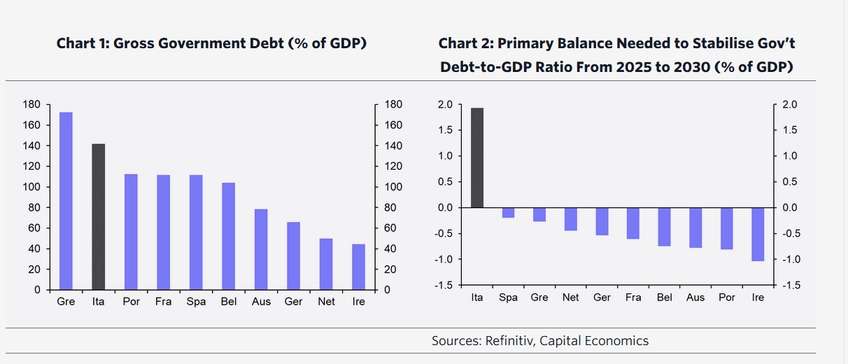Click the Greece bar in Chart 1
[66, 201]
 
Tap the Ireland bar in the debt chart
[358, 266]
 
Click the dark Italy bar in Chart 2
[476, 158]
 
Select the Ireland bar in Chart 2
[757, 234]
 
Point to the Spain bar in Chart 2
[508, 212]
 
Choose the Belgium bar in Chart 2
[664, 226]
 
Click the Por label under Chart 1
[132, 301]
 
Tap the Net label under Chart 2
[570, 298]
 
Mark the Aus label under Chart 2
[695, 298]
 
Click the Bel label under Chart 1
[228, 301]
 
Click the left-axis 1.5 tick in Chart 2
[446, 130]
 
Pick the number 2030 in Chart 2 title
[691, 67]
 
